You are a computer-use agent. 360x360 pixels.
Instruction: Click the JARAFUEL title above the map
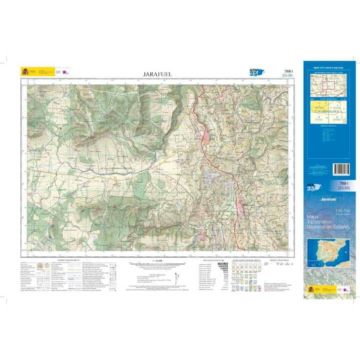157,74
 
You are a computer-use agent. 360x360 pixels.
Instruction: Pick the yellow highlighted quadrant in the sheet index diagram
318,107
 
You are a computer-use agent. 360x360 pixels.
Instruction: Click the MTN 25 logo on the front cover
313,187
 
